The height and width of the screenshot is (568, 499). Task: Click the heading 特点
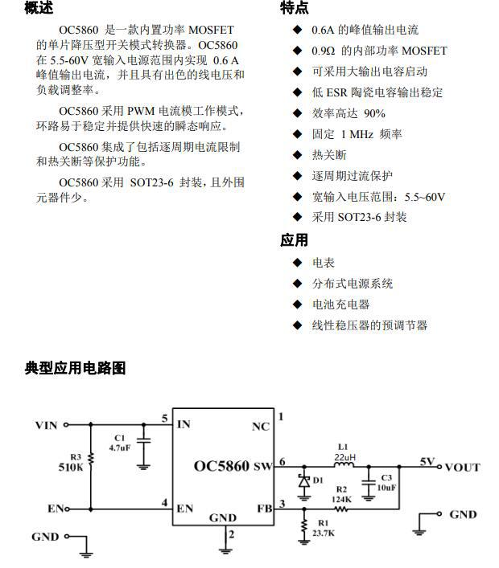(x=294, y=8)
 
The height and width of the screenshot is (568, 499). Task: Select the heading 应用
(x=294, y=240)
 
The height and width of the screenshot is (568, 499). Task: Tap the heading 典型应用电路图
(x=76, y=369)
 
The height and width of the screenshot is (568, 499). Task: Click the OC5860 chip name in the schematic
(x=222, y=466)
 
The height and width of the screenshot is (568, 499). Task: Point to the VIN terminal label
(x=46, y=425)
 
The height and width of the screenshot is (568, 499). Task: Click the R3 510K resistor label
(x=71, y=460)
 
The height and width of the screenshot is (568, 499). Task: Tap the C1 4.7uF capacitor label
(x=119, y=443)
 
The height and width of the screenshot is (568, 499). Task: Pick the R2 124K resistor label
(x=341, y=493)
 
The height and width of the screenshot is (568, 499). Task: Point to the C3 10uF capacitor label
(x=387, y=483)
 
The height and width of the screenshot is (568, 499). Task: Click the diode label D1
(x=318, y=480)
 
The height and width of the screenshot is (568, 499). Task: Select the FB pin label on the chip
(x=263, y=508)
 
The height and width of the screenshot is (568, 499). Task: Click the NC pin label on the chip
(x=261, y=427)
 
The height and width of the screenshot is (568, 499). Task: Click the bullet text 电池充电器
(x=340, y=304)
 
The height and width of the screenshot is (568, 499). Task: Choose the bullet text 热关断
(x=329, y=155)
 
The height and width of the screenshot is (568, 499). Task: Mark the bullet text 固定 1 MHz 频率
(x=357, y=134)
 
